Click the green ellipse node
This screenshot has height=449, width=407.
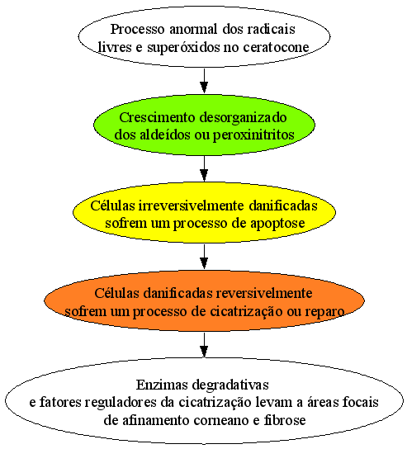pos(204,125)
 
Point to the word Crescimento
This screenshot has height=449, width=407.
pos(157,117)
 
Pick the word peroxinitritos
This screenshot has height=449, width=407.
pos(253,135)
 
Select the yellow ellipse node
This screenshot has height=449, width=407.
pos(204,213)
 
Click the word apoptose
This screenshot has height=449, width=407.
pos(277,224)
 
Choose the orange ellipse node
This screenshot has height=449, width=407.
pos(204,300)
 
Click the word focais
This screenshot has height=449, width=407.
pos(361,402)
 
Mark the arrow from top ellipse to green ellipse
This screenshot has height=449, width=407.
pos(204,81)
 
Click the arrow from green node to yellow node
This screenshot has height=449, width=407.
pos(204,168)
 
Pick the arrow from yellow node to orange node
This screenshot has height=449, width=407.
pos(204,257)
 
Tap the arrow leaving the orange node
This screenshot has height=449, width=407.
pos(204,345)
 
